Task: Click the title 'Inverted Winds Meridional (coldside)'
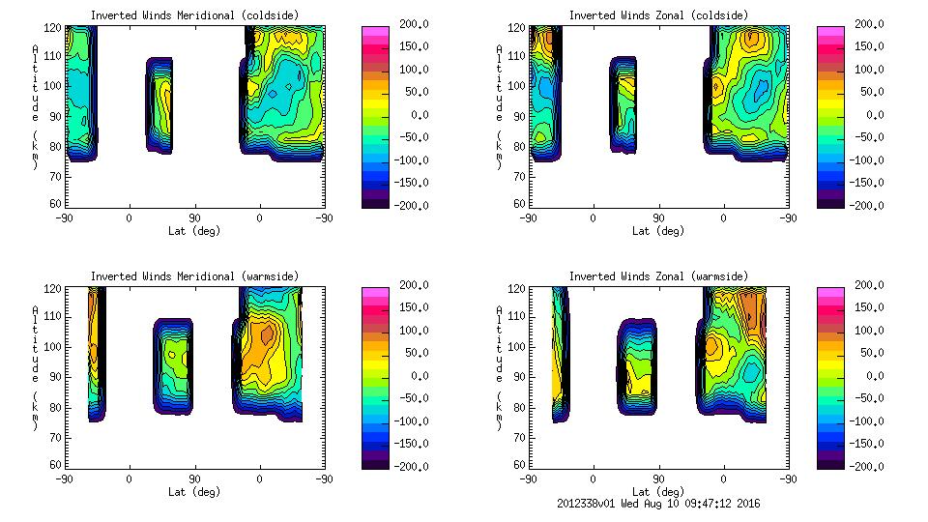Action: pyautogui.click(x=195, y=15)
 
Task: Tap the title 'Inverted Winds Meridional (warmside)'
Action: pyautogui.click(x=195, y=276)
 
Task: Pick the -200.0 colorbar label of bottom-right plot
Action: pyautogui.click(x=865, y=467)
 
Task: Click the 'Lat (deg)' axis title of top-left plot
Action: pyautogui.click(x=195, y=231)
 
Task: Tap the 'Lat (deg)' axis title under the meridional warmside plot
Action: pyautogui.click(x=195, y=492)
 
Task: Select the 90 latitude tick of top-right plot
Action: pyautogui.click(x=658, y=218)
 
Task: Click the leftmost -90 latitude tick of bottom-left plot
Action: pyautogui.click(x=65, y=479)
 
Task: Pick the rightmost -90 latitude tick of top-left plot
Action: pyautogui.click(x=324, y=218)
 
